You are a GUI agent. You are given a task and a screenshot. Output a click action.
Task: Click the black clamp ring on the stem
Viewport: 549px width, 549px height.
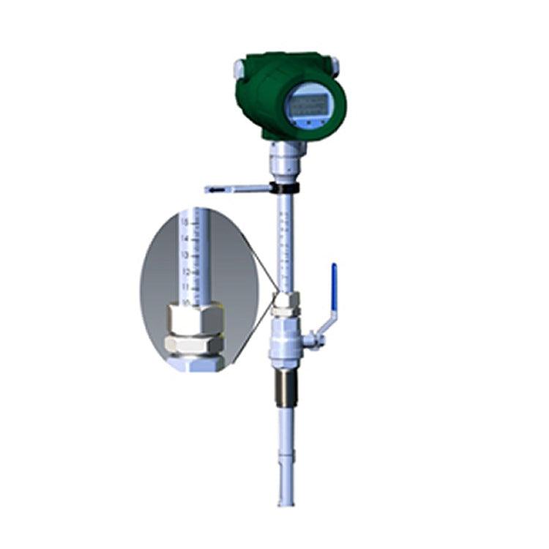pyautogui.click(x=285, y=189)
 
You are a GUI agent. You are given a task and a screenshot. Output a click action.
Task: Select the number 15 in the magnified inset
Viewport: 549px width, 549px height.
pyautogui.click(x=186, y=221)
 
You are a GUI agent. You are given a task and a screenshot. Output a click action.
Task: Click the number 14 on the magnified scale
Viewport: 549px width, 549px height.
pyautogui.click(x=186, y=238)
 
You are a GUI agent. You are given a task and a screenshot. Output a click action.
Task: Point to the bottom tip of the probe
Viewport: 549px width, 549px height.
pyautogui.click(x=284, y=504)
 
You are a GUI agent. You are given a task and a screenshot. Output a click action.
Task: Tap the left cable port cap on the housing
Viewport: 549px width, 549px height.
pyautogui.click(x=239, y=69)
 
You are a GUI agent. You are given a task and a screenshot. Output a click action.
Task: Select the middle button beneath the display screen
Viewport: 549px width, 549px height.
pyautogui.click(x=310, y=124)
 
